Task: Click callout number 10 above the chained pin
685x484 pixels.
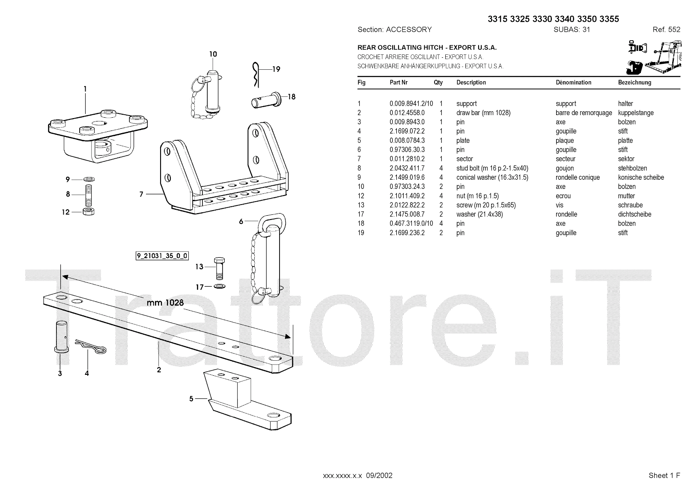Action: pos(213,54)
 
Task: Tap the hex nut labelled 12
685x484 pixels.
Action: pos(88,211)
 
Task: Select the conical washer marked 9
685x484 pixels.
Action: pos(89,179)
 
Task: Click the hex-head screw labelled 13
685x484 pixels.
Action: pos(218,268)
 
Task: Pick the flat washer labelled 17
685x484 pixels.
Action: pos(219,286)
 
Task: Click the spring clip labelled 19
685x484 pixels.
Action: pos(255,74)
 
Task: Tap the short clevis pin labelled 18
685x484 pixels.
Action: pos(265,101)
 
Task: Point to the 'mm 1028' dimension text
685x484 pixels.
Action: pos(165,303)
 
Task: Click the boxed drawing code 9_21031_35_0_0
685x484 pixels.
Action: pos(162,256)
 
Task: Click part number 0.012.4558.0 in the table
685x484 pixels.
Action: pos(407,113)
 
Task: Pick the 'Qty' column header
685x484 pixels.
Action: pos(438,83)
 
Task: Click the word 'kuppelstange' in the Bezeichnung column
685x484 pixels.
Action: pos(636,113)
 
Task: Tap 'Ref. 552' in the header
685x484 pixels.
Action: pos(666,30)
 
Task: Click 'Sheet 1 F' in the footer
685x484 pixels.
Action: pos(664,475)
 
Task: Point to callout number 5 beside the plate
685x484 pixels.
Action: pos(191,399)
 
